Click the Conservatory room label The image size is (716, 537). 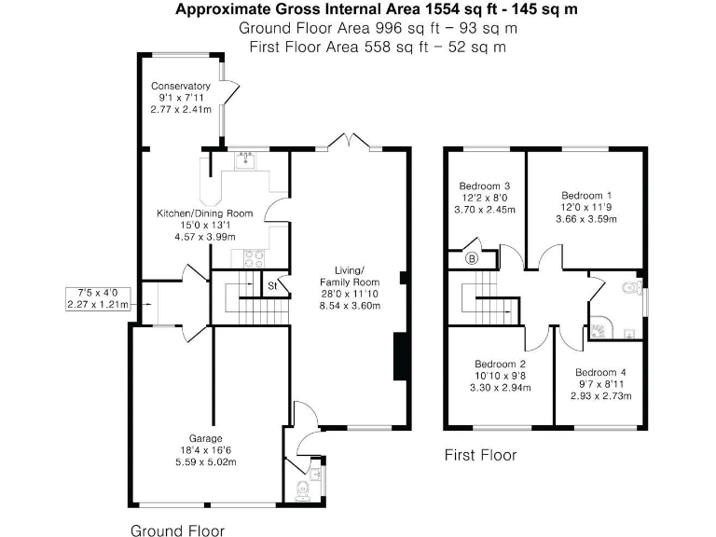181,87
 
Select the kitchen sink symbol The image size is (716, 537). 246,161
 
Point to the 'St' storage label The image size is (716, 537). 273,285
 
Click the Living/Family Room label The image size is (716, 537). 350,276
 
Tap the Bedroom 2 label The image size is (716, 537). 500,364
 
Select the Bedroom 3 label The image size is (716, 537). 485,186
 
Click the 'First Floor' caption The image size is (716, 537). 479,455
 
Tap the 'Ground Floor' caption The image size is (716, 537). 176,530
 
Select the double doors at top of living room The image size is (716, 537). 349,142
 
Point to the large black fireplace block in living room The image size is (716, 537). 400,357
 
